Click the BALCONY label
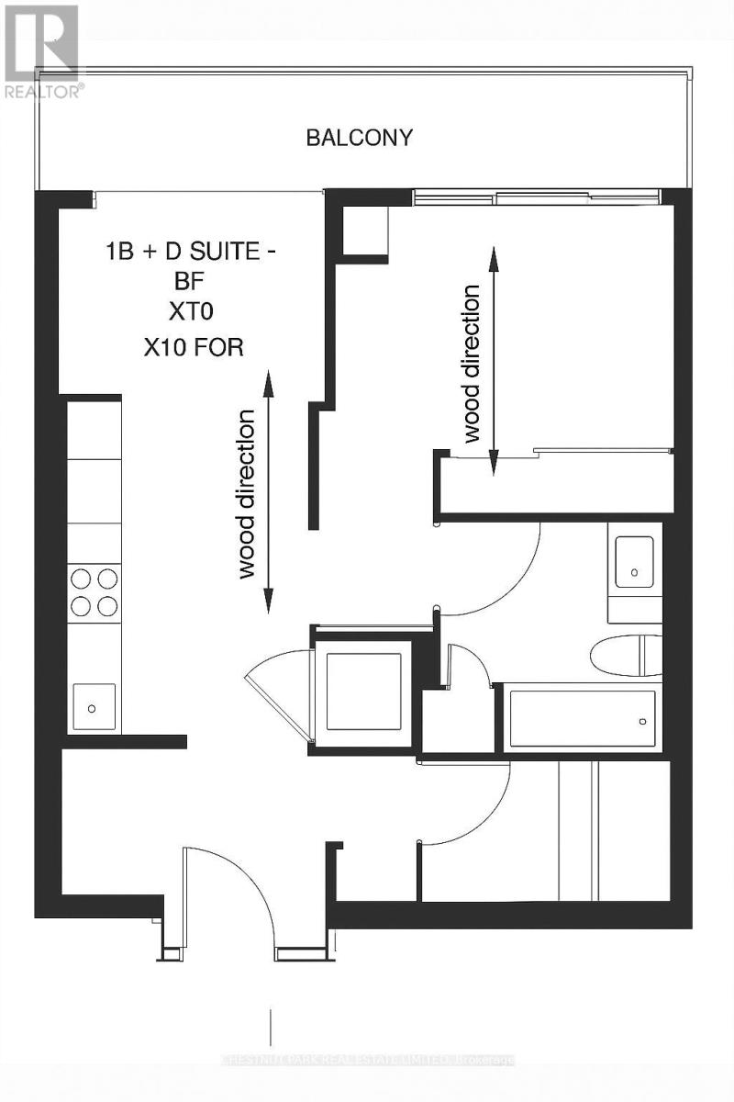tap(359, 139)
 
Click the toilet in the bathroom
tap(624, 656)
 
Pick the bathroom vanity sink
tap(634, 562)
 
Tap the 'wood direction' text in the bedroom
tap(472, 365)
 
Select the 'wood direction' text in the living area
tap(248, 494)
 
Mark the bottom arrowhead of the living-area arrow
tap(269, 604)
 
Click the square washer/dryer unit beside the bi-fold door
tap(364, 690)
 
